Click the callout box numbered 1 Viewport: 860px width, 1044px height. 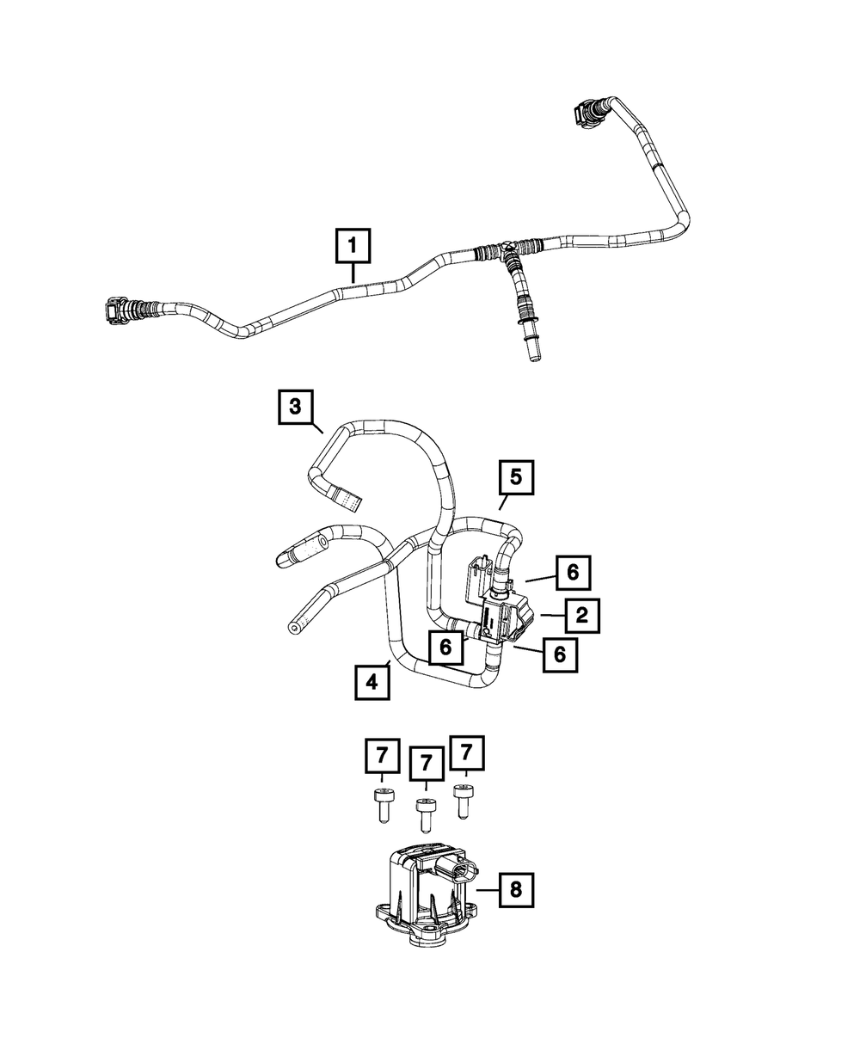click(353, 246)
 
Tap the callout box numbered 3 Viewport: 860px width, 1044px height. click(295, 407)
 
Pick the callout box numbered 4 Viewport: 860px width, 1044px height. click(372, 683)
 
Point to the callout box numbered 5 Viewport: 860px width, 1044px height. click(515, 477)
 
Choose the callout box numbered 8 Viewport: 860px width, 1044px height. click(515, 889)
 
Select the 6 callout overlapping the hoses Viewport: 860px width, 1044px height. click(445, 647)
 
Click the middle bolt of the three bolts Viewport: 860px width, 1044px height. click(424, 813)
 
